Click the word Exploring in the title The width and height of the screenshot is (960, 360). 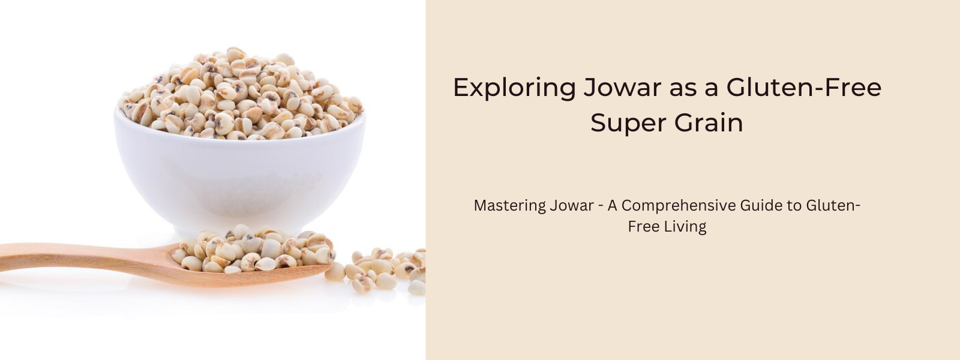[x=514, y=88]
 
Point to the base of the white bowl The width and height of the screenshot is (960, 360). [x=240, y=229]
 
